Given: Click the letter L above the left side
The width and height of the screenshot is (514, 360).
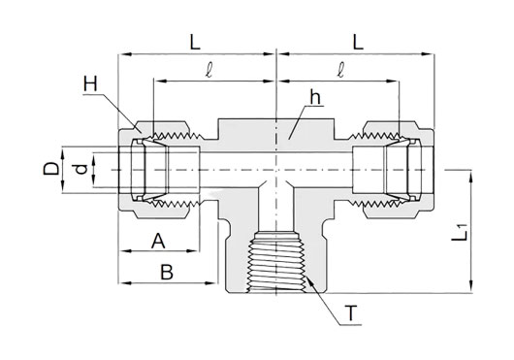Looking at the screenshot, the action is [x=195, y=42].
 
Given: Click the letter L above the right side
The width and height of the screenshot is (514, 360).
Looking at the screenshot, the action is [x=358, y=42].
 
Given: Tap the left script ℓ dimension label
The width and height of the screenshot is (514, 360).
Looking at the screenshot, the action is [x=209, y=70].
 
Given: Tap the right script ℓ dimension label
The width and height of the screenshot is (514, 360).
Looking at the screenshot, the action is [x=341, y=70].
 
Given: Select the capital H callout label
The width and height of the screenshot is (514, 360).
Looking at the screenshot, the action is [x=90, y=83].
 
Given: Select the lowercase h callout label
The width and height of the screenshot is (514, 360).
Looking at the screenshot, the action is [x=315, y=97].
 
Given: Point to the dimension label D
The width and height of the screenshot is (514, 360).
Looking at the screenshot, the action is [x=51, y=170].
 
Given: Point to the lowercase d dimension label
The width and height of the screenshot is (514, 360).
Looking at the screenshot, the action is [x=80, y=170].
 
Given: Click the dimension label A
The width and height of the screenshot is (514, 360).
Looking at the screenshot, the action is [x=158, y=241].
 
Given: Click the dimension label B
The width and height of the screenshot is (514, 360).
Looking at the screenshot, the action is [x=167, y=272].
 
